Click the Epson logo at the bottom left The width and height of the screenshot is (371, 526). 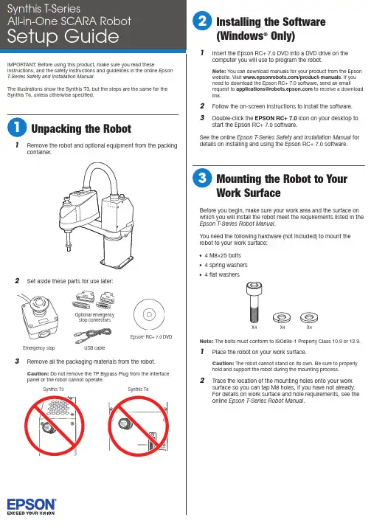(x=31, y=506)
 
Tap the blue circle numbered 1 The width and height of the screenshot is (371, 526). (x=16, y=128)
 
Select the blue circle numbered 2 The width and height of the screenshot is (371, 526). (x=202, y=21)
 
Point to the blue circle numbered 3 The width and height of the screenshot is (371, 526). (x=202, y=178)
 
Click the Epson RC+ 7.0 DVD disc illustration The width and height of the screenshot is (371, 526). (x=149, y=314)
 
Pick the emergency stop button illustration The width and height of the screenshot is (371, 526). (x=38, y=316)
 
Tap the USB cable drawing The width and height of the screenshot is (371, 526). (x=92, y=336)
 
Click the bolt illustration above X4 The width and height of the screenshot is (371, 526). (x=254, y=302)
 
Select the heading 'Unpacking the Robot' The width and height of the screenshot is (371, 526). (x=81, y=128)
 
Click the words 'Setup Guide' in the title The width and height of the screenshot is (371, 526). (x=63, y=36)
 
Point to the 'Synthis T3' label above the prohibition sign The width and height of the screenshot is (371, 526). (x=53, y=389)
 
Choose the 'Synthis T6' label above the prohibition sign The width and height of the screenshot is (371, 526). (x=138, y=389)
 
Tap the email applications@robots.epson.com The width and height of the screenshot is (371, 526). (x=274, y=89)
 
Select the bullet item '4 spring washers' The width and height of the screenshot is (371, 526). (x=226, y=265)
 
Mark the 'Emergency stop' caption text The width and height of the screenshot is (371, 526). (x=39, y=348)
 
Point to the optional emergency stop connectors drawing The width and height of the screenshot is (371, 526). (x=94, y=300)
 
